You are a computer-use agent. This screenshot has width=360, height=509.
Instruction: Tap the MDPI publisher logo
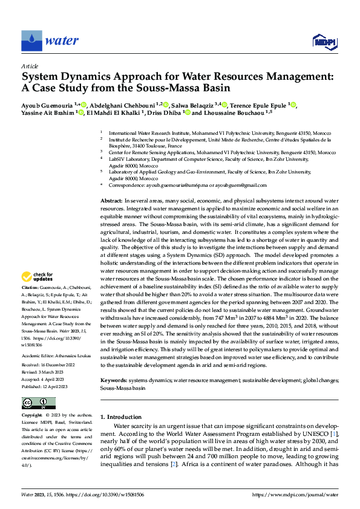coord(323,41)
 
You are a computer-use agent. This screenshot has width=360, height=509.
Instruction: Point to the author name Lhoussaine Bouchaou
coord(234,113)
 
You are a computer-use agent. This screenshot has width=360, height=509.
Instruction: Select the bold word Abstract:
coord(111,200)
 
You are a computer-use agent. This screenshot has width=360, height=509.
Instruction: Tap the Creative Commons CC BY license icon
coord(38,403)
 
